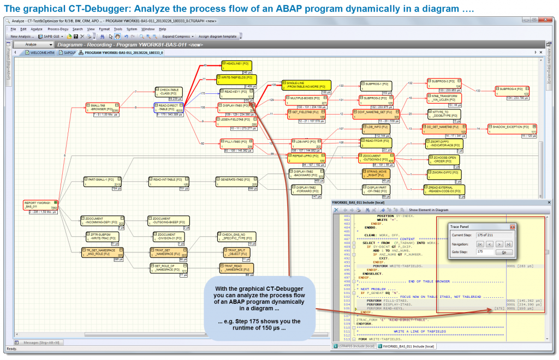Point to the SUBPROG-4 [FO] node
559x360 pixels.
pos(512,91)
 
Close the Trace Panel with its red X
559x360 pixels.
pos(512,226)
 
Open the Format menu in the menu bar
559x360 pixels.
pos(104,29)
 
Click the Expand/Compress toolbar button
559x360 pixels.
pos(176,37)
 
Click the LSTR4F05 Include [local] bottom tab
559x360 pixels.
pos(355,346)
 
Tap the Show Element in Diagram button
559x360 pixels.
pos(429,210)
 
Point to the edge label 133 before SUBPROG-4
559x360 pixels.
pos(478,91)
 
